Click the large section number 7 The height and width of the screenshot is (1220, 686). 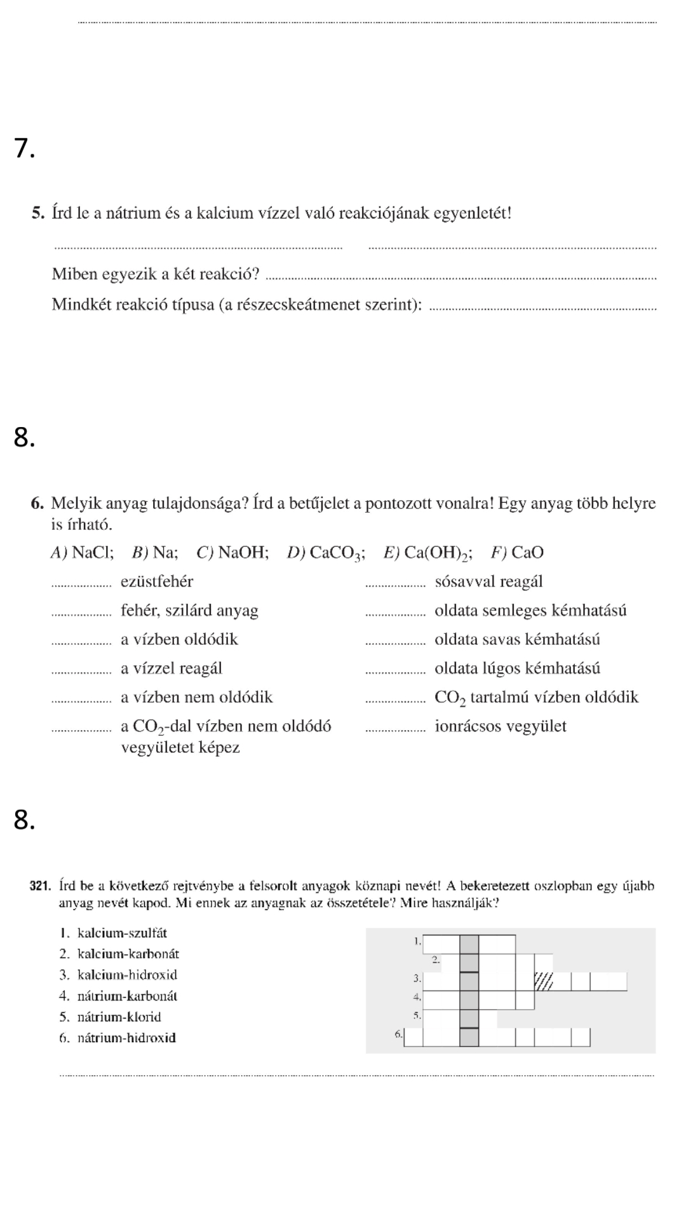24,148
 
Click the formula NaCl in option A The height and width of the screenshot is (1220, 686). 93,552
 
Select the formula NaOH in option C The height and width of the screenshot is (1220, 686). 243,552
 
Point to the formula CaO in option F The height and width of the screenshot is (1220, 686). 527,552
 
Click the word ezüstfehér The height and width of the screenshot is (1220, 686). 157,581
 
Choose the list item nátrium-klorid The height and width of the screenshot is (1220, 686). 119,1017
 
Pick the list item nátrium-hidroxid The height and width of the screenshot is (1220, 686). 126,1038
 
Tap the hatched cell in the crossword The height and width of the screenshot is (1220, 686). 544,981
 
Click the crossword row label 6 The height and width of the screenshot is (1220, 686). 398,1034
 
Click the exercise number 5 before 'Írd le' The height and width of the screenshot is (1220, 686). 37,213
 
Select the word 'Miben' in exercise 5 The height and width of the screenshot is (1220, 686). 72,274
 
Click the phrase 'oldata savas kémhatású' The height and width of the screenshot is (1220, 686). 517,639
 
